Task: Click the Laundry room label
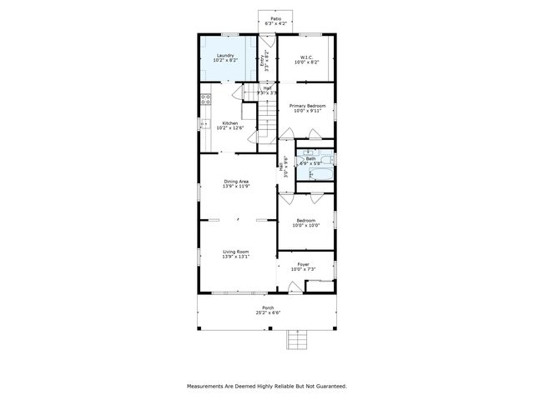pos(225,56)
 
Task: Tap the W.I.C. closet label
pos(306,57)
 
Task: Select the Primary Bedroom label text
pos(306,106)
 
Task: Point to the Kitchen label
pos(229,123)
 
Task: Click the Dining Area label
pos(236,181)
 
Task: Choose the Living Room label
pos(236,251)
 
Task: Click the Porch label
pos(268,307)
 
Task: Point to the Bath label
pos(310,158)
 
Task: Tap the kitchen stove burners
pos(205,100)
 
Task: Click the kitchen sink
pos(204,125)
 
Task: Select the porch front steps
pos(297,340)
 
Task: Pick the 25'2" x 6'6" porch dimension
pos(268,313)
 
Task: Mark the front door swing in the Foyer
pos(295,287)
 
